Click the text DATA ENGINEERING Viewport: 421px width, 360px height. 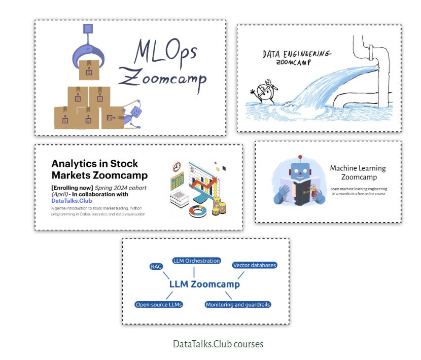click(297, 54)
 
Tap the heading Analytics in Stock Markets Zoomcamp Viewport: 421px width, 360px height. click(99, 169)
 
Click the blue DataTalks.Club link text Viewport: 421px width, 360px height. click(72, 201)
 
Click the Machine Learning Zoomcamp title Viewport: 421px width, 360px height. click(358, 172)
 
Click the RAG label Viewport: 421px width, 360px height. click(156, 266)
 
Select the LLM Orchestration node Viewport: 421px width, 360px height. click(196, 261)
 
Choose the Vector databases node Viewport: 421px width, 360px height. click(255, 265)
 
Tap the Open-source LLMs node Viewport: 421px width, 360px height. click(159, 305)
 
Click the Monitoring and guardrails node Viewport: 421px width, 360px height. click(238, 305)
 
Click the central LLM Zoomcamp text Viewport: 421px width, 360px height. click(204, 284)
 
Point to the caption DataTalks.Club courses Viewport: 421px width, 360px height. click(218, 344)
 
